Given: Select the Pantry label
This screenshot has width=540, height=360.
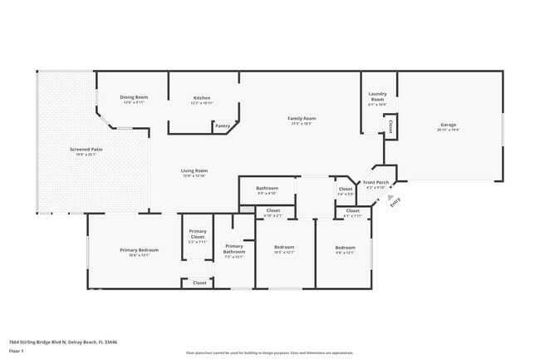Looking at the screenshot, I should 222,126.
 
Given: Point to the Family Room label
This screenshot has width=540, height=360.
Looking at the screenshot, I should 301,121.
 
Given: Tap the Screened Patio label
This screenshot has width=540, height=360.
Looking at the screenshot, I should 86,151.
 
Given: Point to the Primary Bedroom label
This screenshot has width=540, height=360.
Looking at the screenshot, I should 139,252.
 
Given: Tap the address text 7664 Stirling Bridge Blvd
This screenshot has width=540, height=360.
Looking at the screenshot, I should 63,342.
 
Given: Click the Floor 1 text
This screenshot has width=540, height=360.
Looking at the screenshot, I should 17,352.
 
